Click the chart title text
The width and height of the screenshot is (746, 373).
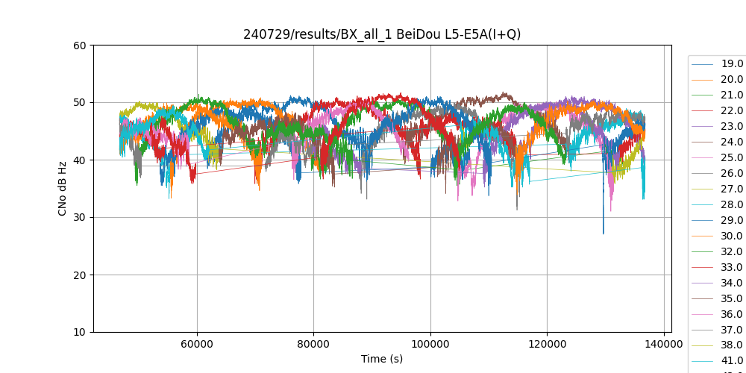tap(382, 34)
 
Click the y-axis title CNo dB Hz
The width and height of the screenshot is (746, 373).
tap(63, 189)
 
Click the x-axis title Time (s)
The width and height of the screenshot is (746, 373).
tap(382, 359)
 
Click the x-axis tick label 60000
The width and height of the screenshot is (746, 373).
tap(197, 344)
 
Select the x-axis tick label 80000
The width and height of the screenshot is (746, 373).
tap(313, 344)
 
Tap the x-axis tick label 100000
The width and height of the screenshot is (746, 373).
tap(430, 344)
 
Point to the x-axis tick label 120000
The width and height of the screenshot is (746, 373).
tap(547, 344)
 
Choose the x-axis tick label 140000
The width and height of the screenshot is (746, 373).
tap(664, 344)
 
